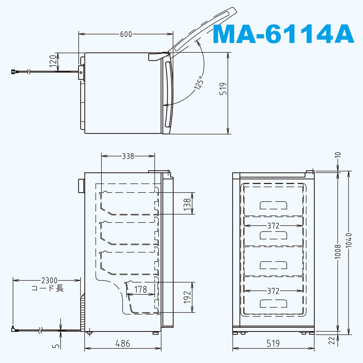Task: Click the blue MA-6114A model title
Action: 283,34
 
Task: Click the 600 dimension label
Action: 126,34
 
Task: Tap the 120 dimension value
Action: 53,61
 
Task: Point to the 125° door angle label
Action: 199,83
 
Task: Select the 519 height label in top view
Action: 223,89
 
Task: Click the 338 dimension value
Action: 128,156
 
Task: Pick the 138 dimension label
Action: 187,204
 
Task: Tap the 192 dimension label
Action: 187,297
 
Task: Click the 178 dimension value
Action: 141,289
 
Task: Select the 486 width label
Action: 123,344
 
